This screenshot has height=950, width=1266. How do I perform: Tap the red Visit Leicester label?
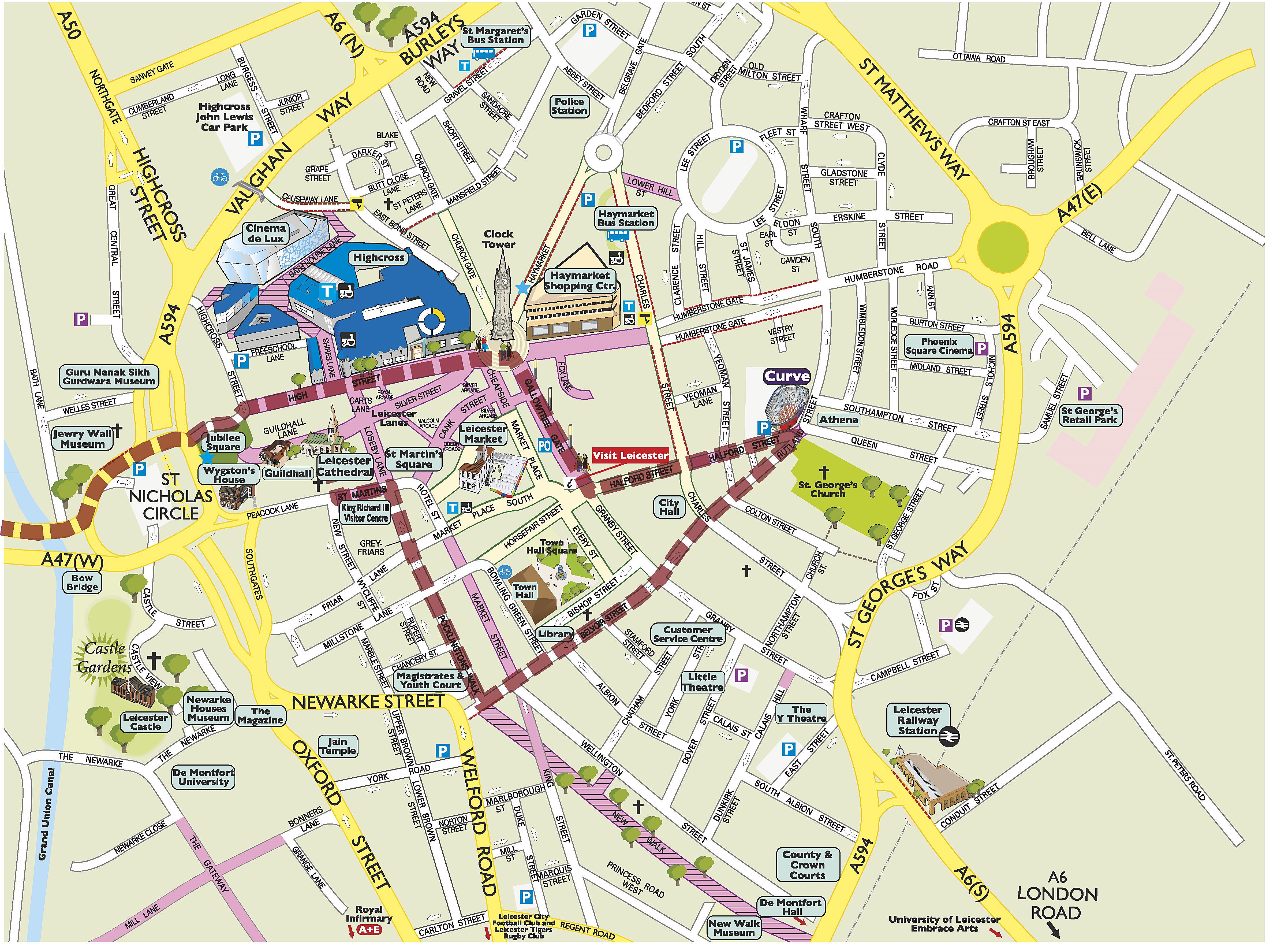(630, 455)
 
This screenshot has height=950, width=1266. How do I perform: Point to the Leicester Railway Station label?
(917, 720)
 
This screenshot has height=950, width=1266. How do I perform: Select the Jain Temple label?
(338, 745)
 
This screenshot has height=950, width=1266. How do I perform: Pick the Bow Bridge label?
(82, 582)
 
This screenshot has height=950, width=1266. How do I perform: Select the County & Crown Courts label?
(808, 865)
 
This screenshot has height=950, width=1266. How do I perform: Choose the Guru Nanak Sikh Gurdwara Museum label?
(109, 377)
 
